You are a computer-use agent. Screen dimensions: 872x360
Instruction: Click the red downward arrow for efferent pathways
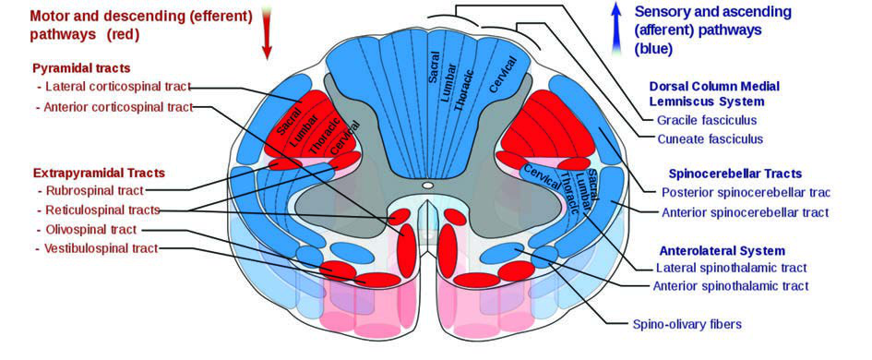pos(267,33)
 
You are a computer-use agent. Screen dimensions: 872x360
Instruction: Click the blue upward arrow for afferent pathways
pos(615,28)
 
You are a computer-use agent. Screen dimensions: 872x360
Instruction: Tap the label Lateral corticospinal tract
pos(118,87)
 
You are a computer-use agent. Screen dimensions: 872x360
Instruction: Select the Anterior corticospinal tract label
pos(119,107)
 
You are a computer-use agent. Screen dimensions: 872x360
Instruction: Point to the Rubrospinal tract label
pos(95,190)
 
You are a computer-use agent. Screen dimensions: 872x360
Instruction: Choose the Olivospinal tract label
pos(91,229)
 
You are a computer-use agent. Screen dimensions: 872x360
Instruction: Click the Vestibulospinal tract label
pos(102,248)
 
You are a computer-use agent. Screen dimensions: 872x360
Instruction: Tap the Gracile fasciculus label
pos(707,120)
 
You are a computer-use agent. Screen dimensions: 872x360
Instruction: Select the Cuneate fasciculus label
pos(711,138)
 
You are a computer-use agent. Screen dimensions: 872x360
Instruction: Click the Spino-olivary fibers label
pos(687,324)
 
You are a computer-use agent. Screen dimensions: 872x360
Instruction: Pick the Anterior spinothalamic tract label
pos(731,286)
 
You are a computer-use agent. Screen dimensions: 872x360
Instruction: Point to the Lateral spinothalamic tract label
pos(732,268)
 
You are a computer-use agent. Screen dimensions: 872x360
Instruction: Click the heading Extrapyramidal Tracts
pos(99,173)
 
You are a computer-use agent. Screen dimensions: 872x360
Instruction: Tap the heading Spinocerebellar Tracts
pos(735,174)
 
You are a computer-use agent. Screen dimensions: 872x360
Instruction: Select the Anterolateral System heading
pos(722,250)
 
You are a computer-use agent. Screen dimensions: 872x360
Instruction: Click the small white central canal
pos(427,186)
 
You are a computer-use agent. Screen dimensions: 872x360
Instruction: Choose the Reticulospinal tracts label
pos(102,210)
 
